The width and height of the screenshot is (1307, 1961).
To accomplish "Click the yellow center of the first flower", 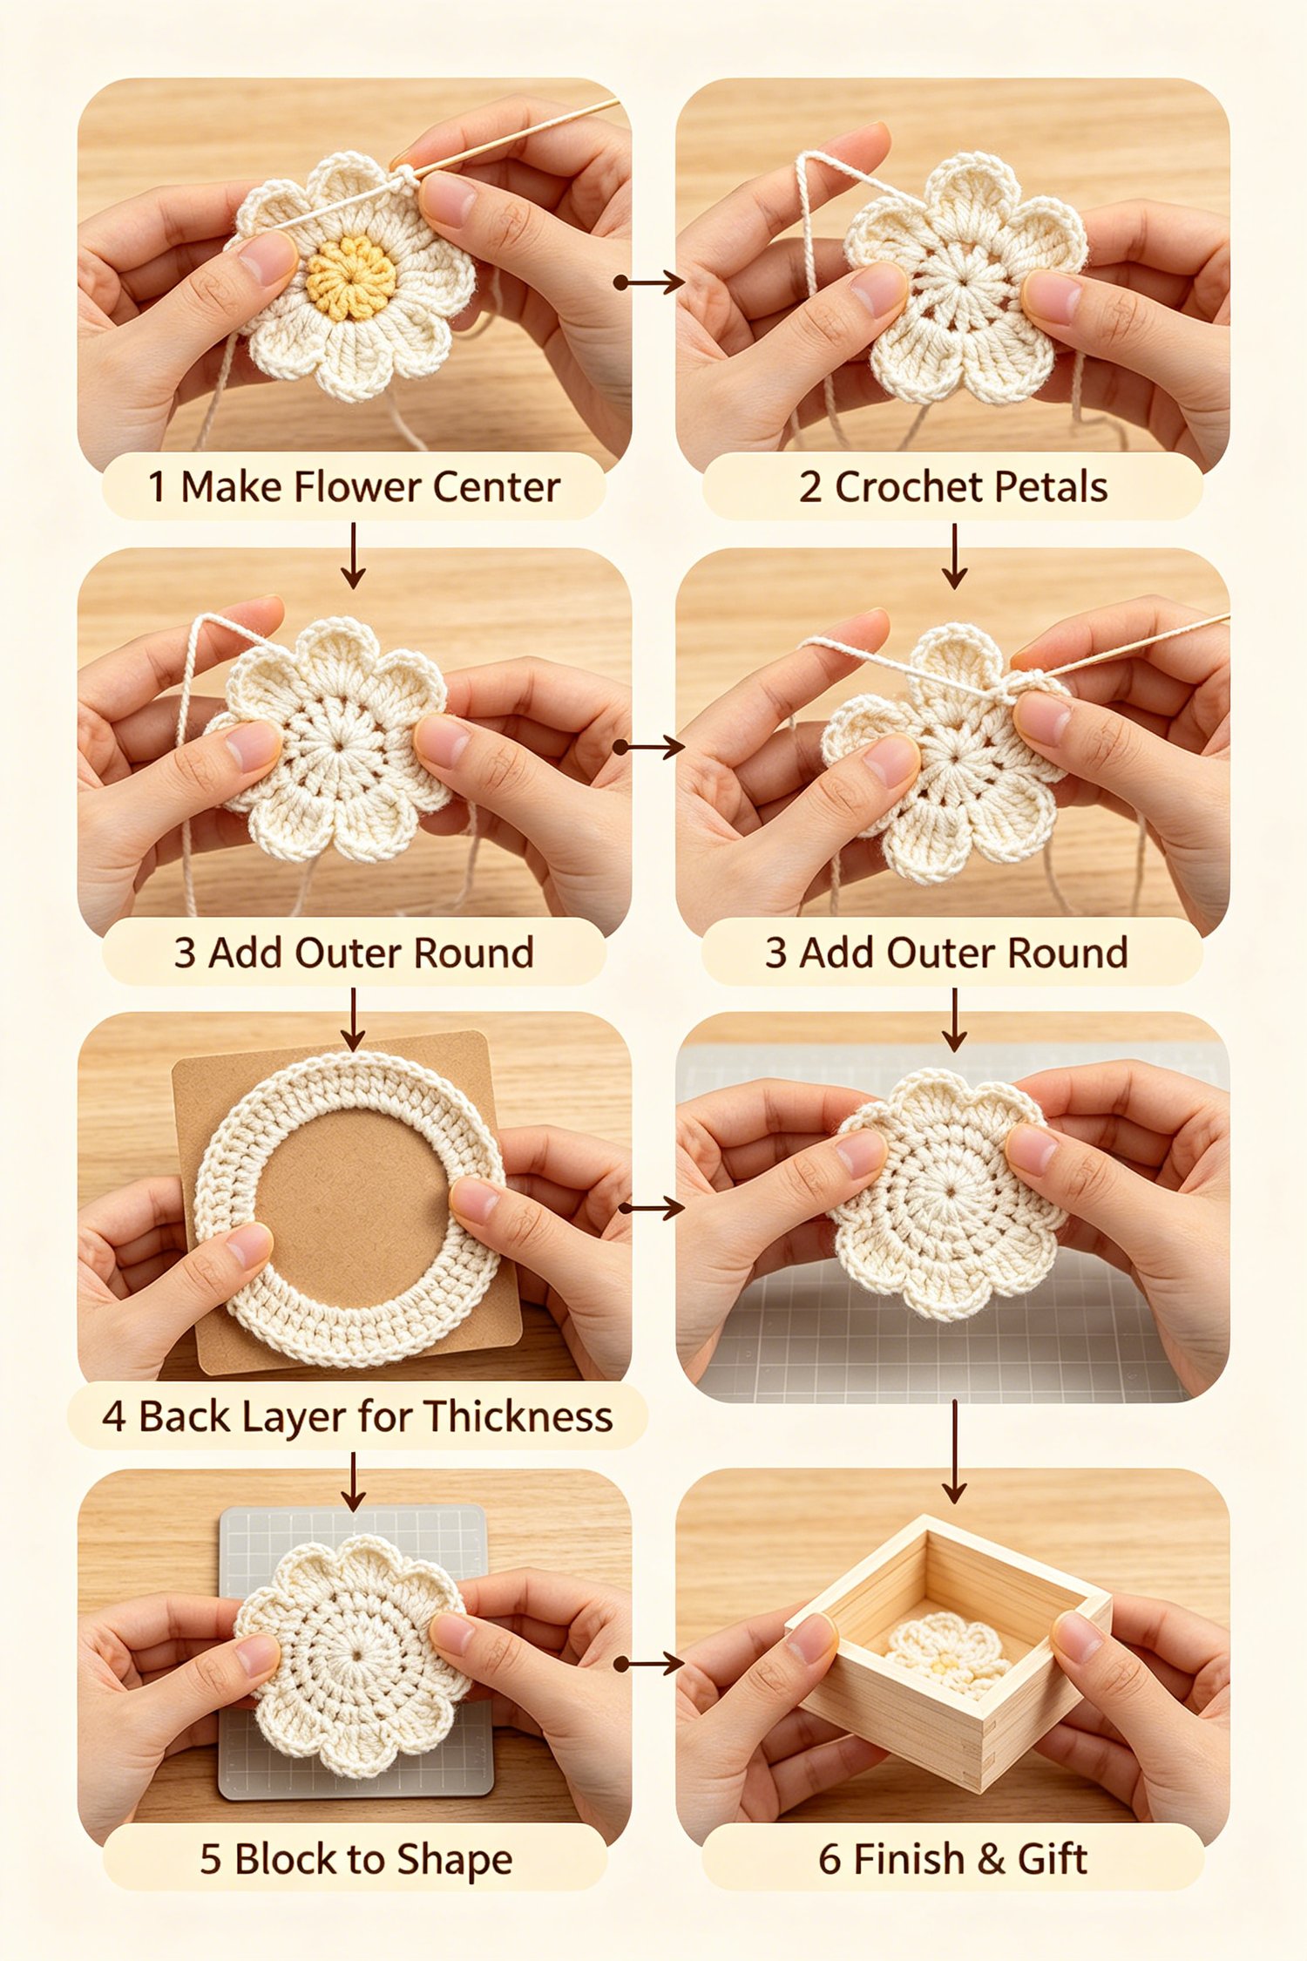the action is [x=351, y=277].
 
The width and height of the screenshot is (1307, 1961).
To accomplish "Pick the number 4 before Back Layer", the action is [x=113, y=1417].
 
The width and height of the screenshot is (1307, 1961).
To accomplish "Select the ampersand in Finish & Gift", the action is [x=991, y=1859].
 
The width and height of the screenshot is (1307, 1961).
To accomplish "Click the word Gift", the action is [x=1052, y=1859].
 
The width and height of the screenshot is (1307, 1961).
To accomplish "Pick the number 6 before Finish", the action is [x=829, y=1859].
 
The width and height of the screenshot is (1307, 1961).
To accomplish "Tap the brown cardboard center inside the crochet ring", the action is [x=350, y=1207].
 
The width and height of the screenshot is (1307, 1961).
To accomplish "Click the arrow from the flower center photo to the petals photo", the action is [x=648, y=282].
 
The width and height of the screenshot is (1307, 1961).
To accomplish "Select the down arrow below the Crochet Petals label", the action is [x=955, y=556].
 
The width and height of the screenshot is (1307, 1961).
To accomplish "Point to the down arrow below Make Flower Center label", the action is [x=353, y=556].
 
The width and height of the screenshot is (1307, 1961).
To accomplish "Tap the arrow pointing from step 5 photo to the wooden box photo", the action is [x=648, y=1664].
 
